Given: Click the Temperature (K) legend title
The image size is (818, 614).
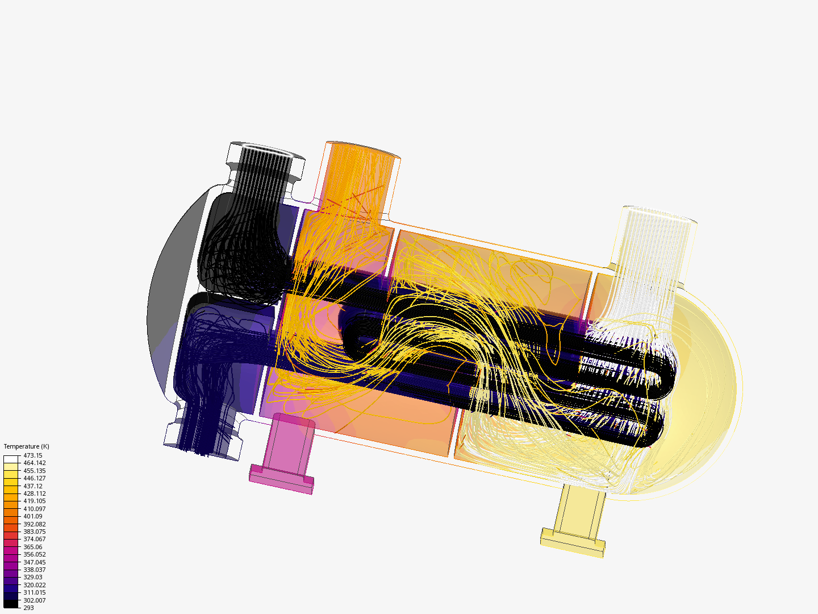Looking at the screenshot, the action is click(27, 446).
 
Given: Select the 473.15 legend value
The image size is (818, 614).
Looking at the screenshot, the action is click(33, 455).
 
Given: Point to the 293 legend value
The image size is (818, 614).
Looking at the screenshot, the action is click(29, 608).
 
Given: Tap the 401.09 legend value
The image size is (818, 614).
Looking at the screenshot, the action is click(33, 516).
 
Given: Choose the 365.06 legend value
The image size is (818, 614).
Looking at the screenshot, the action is click(33, 547).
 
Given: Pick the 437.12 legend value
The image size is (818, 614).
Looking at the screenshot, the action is click(33, 486).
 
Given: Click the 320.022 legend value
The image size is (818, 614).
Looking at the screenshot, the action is click(35, 585).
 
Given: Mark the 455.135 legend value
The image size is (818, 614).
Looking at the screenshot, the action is click(35, 471).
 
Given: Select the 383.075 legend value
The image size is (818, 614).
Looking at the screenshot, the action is click(35, 532).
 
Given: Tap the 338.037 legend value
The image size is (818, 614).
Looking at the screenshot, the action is click(35, 570).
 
